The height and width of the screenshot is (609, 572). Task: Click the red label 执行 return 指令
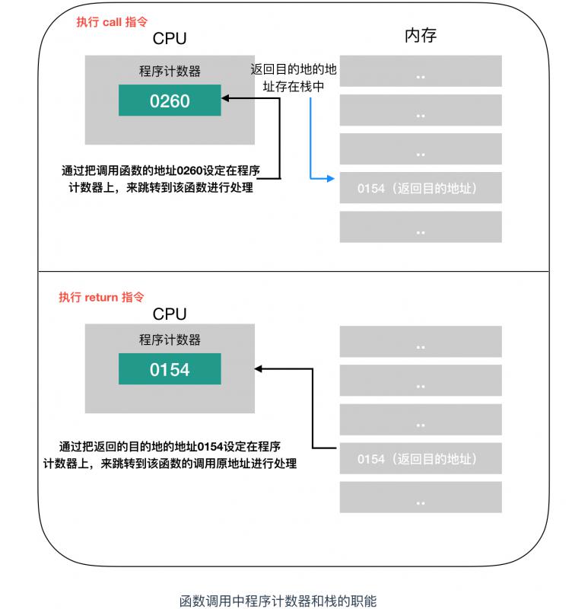[x=101, y=297]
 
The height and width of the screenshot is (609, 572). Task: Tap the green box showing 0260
[x=170, y=100]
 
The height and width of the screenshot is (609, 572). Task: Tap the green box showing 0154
[x=170, y=370]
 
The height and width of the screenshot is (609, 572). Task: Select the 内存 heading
[x=420, y=35]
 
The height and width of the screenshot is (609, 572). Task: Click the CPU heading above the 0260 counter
[x=170, y=39]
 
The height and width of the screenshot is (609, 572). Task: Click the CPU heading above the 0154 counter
[x=170, y=314]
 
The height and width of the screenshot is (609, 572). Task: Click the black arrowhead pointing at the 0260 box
[x=226, y=97]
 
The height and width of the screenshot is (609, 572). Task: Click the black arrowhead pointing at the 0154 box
[x=259, y=369]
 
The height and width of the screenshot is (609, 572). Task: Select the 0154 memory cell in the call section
[x=420, y=188]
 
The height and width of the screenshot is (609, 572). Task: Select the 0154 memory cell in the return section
[x=420, y=459]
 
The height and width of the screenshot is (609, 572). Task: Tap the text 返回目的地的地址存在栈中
[x=294, y=78]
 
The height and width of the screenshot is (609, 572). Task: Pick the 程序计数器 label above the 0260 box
[x=170, y=72]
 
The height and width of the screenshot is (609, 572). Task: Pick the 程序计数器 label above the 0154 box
[x=170, y=340]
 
